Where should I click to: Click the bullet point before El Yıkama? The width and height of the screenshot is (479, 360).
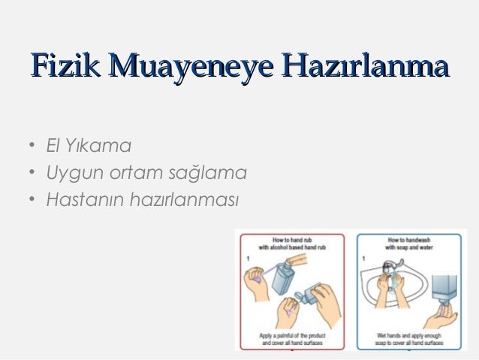[26, 144]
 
